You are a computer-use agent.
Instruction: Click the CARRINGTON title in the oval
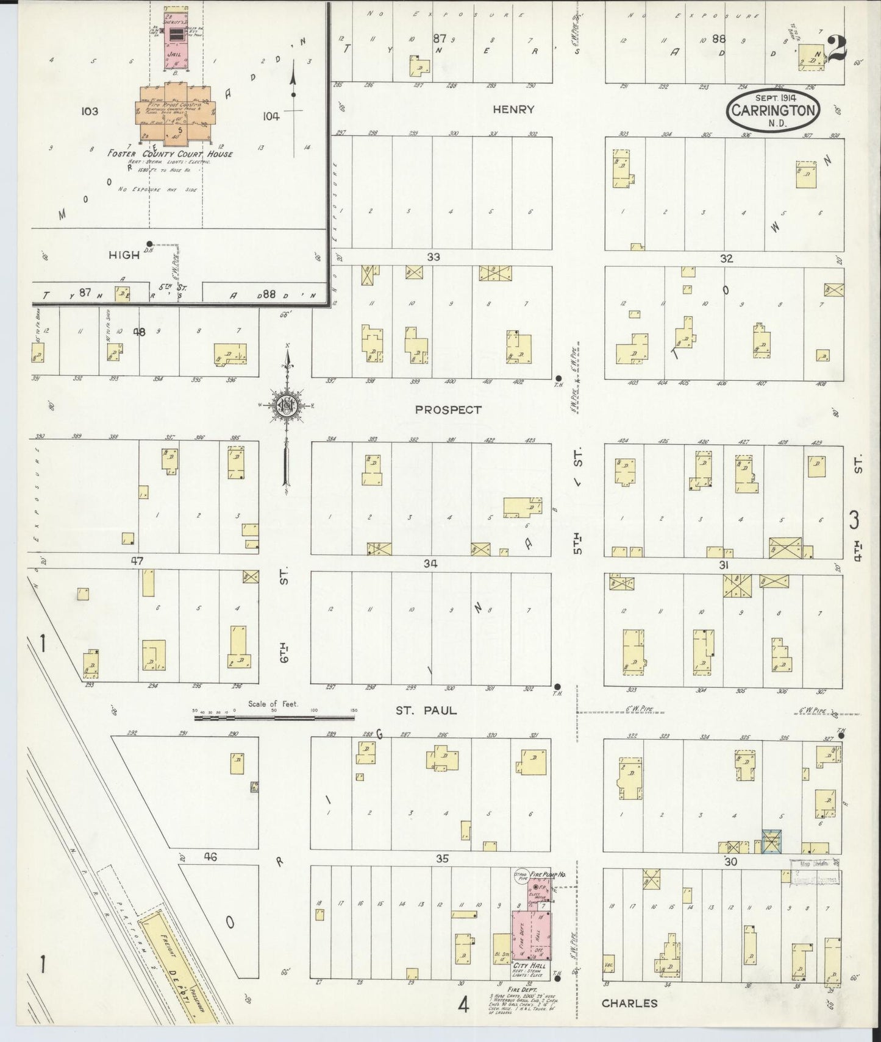773,111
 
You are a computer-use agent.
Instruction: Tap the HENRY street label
513,110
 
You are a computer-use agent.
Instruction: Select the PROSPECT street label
448,410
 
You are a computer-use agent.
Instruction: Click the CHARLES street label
629,1003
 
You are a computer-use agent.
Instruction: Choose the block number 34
430,564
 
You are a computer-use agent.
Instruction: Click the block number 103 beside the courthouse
88,112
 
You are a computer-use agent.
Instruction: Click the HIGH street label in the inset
124,255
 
